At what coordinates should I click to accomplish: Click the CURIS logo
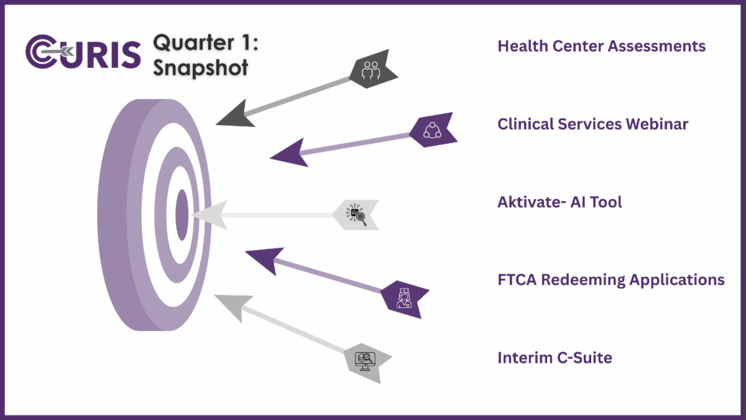[83, 52]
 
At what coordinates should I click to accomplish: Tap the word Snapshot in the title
[200, 68]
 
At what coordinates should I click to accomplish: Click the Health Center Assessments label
[602, 46]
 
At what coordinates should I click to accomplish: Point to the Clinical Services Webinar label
[593, 124]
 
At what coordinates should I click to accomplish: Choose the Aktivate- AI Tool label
[559, 202]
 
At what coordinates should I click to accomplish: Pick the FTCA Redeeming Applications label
[610, 279]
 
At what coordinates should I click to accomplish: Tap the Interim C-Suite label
[555, 358]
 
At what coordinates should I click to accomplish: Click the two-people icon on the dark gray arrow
[371, 70]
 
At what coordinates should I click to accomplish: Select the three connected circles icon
[432, 130]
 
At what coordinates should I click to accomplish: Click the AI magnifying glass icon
[356, 215]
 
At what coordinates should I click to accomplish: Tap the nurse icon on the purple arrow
[404, 298]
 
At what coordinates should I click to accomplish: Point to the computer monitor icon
[365, 361]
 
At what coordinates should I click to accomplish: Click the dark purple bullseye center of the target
[182, 215]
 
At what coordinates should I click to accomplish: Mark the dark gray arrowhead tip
[216, 124]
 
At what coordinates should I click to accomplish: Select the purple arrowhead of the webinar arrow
[288, 153]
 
